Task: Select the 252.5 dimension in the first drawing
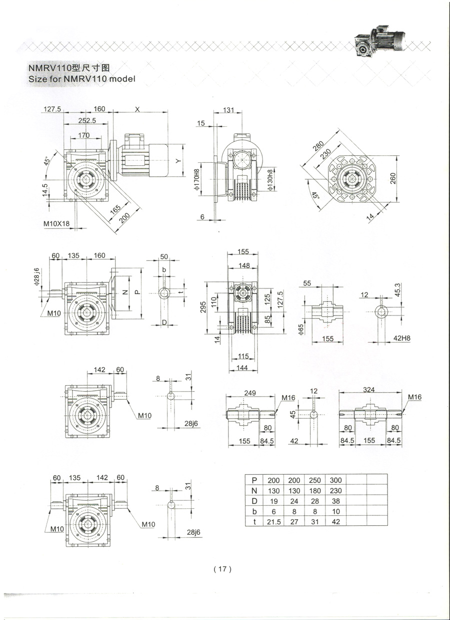[x=86, y=121]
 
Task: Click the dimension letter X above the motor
[x=138, y=109]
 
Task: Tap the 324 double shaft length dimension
[x=369, y=389]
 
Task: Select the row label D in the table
[x=254, y=500]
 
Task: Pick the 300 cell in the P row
[x=335, y=480]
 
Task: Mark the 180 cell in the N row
[x=314, y=491]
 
